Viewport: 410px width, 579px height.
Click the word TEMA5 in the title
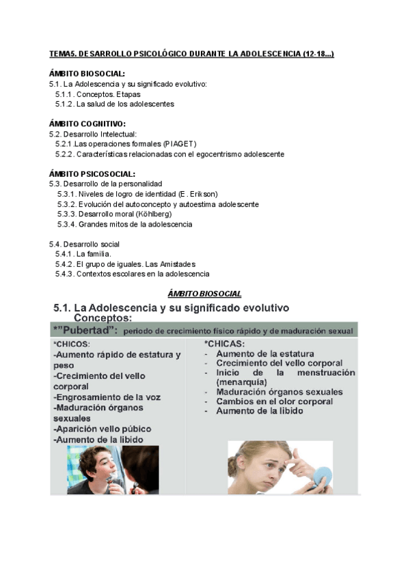coord(64,53)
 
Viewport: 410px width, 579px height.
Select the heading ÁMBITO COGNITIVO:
coord(87,124)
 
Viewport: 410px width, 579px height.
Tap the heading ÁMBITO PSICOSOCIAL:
coord(92,174)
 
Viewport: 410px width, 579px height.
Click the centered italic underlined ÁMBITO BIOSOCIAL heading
coord(204,294)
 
